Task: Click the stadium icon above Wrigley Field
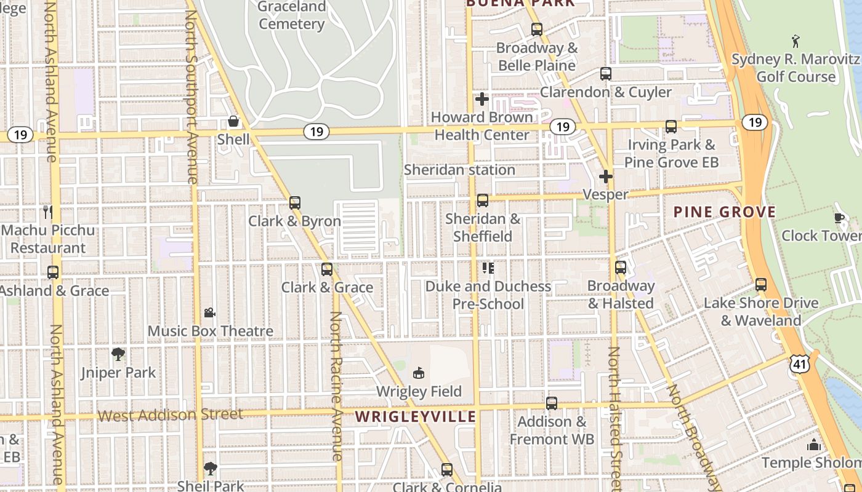[419, 373]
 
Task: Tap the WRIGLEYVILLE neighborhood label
[416, 416]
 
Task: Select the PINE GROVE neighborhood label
[724, 212]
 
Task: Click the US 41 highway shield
[800, 365]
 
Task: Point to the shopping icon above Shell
[233, 121]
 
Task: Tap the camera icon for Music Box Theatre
[210, 312]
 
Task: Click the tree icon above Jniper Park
[118, 354]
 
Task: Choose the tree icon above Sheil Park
[211, 468]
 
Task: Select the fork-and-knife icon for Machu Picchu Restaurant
[48, 212]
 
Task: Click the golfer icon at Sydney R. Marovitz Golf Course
[796, 41]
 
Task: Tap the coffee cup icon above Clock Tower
[839, 218]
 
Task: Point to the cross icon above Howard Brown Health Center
[482, 98]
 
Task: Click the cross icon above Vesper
[606, 177]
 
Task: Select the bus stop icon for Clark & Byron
[295, 202]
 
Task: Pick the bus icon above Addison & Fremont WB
[552, 403]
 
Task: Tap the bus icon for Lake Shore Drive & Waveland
[761, 285]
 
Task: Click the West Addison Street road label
[171, 415]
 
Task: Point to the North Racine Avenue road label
[336, 386]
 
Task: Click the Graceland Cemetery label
[291, 15]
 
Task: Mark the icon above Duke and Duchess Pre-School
[488, 268]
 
